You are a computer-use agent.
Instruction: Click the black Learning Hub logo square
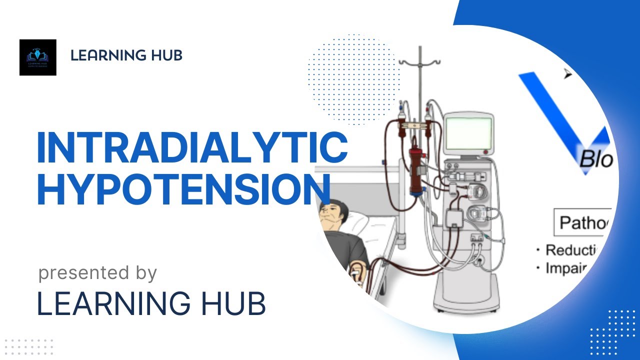(38, 57)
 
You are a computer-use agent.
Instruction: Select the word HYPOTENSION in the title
(184, 190)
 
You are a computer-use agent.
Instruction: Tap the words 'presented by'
(97, 273)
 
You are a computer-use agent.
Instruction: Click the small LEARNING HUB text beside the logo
(126, 55)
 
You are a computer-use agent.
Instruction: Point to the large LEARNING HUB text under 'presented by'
(151, 303)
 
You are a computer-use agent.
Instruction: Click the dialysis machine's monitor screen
(468, 133)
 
